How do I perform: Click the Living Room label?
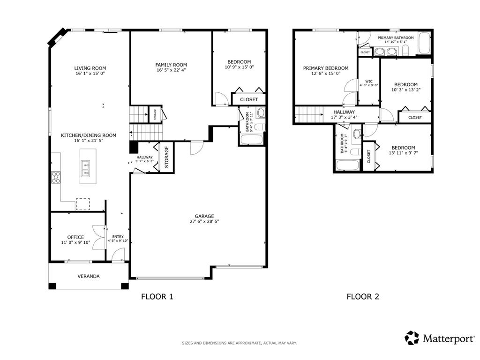(90, 68)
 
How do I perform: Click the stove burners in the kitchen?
(55, 177)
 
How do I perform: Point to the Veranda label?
(89, 276)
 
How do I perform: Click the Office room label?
(75, 237)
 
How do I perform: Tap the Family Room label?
(171, 65)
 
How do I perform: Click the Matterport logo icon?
(412, 337)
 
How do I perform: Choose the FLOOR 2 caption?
(362, 296)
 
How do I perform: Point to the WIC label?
(368, 81)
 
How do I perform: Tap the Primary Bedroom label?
(325, 67)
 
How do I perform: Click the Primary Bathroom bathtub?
(425, 44)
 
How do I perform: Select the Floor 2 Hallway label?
(344, 112)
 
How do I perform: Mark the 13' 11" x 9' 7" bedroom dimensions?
(403, 153)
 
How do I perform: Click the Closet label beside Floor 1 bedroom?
(248, 99)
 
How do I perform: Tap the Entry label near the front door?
(118, 237)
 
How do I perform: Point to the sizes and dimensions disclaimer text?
(240, 343)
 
